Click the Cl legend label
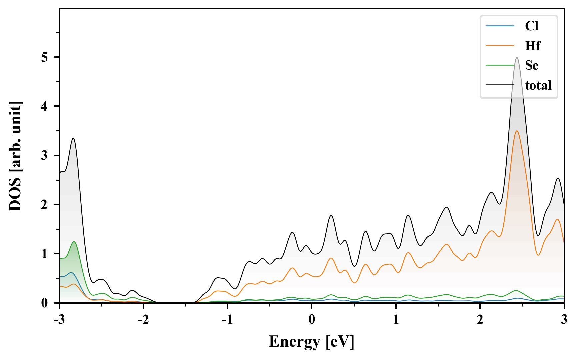531,26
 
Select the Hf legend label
532,46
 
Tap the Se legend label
531,65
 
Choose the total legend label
538,85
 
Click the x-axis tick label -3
59,319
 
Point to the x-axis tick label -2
143,319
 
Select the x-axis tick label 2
480,319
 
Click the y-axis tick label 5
45,57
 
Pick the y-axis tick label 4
45,106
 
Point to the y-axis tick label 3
45,156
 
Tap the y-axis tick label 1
45,254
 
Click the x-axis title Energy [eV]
312,342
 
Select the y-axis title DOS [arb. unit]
15,156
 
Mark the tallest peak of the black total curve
517,58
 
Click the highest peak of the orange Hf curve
517,131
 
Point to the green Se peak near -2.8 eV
74,242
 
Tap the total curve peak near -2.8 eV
73,138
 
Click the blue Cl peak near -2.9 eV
71,273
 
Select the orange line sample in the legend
500,46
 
